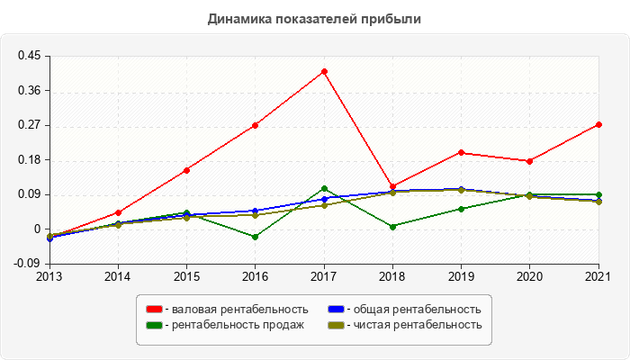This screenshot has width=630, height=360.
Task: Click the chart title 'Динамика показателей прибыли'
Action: tap(314, 18)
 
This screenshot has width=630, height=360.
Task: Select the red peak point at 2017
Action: tap(324, 71)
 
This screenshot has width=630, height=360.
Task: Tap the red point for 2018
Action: tap(392, 186)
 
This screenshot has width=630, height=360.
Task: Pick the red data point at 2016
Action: tap(256, 125)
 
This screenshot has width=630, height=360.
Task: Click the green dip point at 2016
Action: tap(256, 237)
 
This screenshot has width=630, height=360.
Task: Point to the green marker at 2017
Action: tap(324, 188)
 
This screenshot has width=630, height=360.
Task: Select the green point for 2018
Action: tap(392, 227)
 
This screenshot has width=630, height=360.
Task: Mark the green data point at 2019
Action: tap(461, 209)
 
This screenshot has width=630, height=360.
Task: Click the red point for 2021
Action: tap(598, 124)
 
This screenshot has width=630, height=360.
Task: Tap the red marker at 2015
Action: tap(186, 170)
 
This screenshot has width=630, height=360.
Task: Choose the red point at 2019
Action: tap(461, 152)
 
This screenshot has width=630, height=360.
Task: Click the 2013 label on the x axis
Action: tap(49, 275)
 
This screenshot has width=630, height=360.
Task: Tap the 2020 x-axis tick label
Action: tap(529, 275)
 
